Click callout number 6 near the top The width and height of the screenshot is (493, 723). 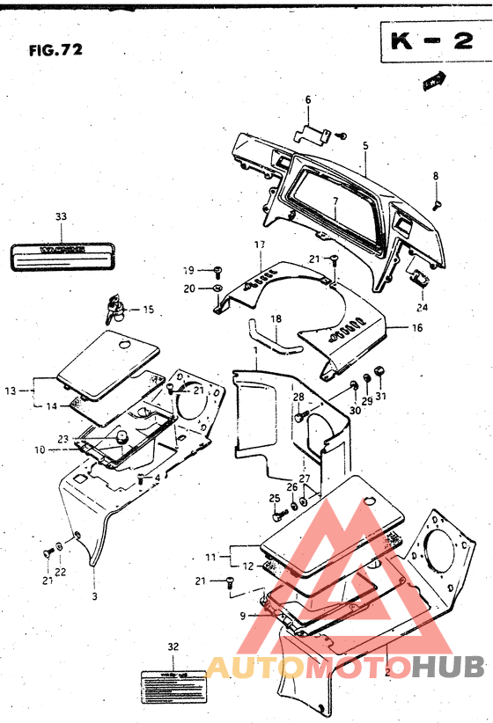coord(308,101)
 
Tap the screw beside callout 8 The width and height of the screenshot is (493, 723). coord(437,203)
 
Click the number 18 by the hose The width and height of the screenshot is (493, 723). coord(276,318)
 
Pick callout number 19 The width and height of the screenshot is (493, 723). coord(188,270)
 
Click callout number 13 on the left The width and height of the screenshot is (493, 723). coord(11,390)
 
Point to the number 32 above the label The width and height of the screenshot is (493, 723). coord(173,646)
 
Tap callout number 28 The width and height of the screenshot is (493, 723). coord(298,398)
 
